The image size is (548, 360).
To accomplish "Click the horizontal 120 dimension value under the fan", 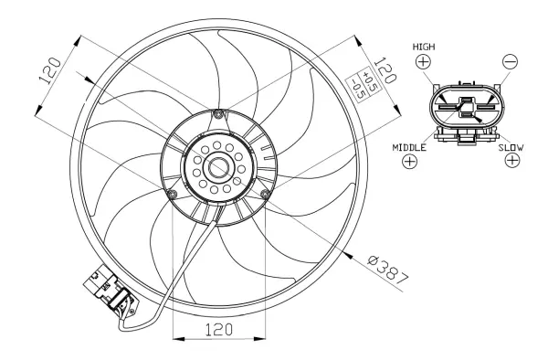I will pyautogui.click(x=217, y=328).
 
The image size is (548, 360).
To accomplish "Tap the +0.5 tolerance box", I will pyautogui.click(x=368, y=76).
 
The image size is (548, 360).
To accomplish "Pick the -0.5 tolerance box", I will pyautogui.click(x=359, y=85).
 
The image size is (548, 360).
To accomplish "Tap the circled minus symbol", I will pyautogui.click(x=511, y=62).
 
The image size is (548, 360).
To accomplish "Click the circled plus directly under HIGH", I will pyautogui.click(x=423, y=62).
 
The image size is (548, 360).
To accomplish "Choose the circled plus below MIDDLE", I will pyautogui.click(x=409, y=162).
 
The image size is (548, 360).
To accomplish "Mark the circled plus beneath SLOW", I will pyautogui.click(x=512, y=161).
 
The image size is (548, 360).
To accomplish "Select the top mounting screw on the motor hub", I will pyautogui.click(x=216, y=114).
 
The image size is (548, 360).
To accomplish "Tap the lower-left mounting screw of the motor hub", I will pyautogui.click(x=173, y=195).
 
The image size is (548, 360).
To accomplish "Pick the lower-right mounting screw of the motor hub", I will pyautogui.click(x=264, y=193).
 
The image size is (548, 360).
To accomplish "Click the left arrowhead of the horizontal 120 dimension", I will pyautogui.click(x=176, y=340).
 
